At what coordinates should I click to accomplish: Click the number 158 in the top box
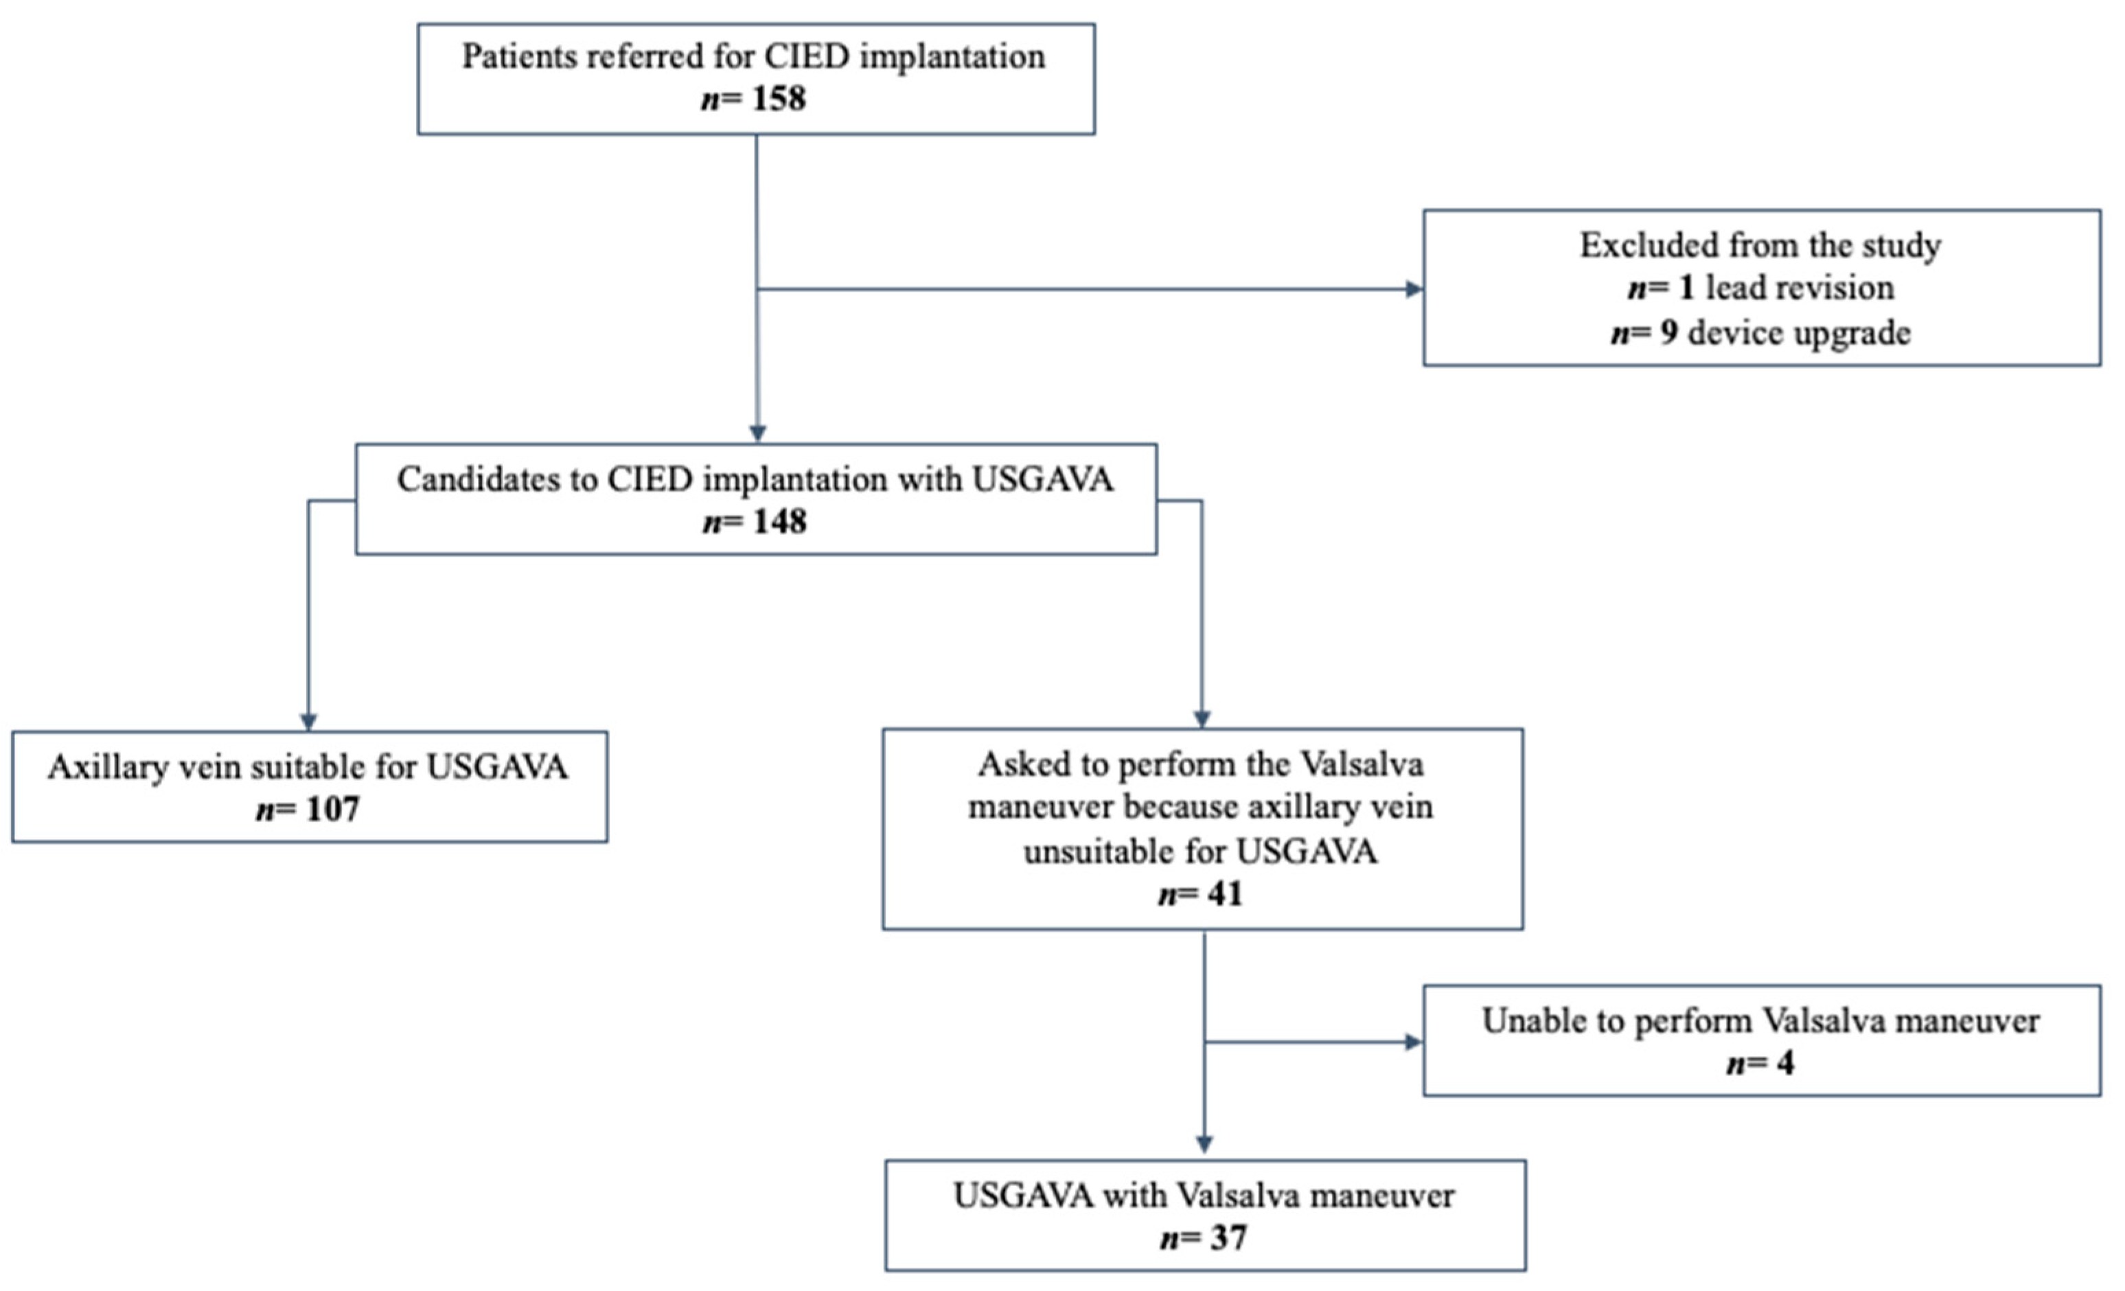(778, 98)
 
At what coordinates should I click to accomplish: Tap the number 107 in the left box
(332, 809)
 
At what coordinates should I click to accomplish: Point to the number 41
(1225, 894)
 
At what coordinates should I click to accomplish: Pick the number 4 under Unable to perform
(1784, 1062)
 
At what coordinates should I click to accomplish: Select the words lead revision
(1800, 288)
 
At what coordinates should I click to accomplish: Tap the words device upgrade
(1798, 333)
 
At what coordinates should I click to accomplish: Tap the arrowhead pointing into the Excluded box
(1414, 290)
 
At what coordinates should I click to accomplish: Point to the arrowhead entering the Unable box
(1414, 1042)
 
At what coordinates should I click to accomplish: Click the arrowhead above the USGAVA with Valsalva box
(1204, 1145)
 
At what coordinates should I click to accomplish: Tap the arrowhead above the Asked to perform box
(1202, 719)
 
